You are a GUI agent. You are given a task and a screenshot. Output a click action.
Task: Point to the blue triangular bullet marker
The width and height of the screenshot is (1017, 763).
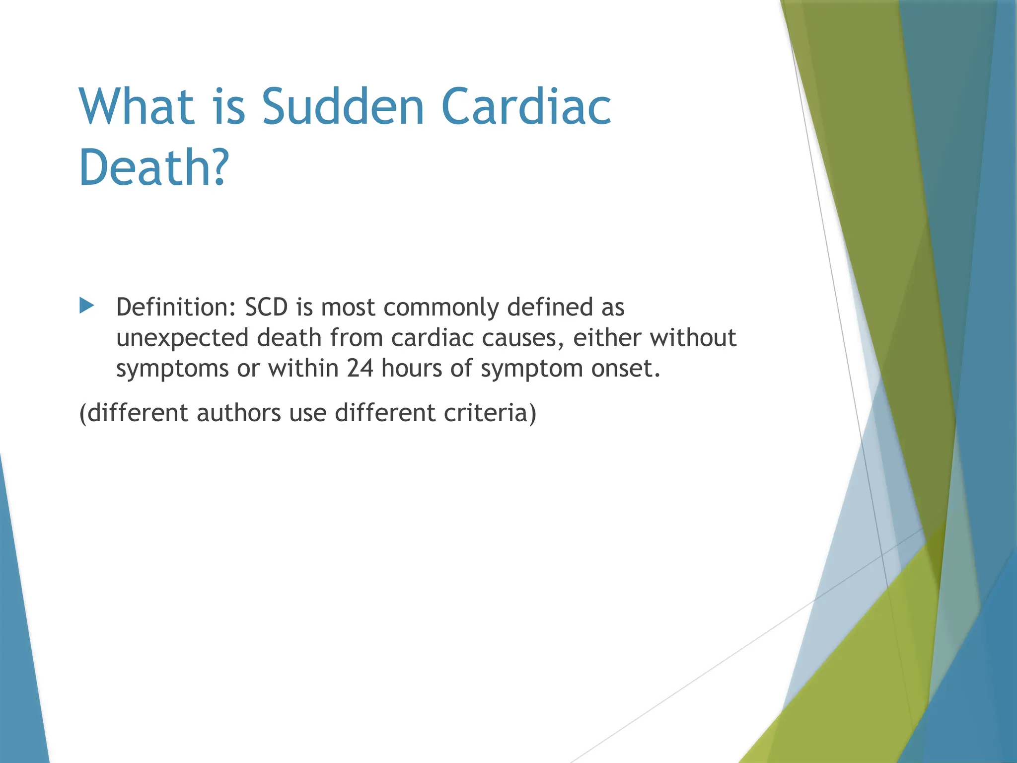pos(86,305)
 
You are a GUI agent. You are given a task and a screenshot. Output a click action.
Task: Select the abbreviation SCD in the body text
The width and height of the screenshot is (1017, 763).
pos(267,307)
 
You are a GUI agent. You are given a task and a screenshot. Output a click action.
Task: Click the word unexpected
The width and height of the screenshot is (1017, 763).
pos(182,339)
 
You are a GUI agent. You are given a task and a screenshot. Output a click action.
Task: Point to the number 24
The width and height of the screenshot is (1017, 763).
pos(360,369)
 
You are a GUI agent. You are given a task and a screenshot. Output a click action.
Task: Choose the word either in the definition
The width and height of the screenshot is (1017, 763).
pos(607,338)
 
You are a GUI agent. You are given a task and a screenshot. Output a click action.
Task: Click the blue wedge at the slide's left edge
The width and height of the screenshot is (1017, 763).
pos(20,646)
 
